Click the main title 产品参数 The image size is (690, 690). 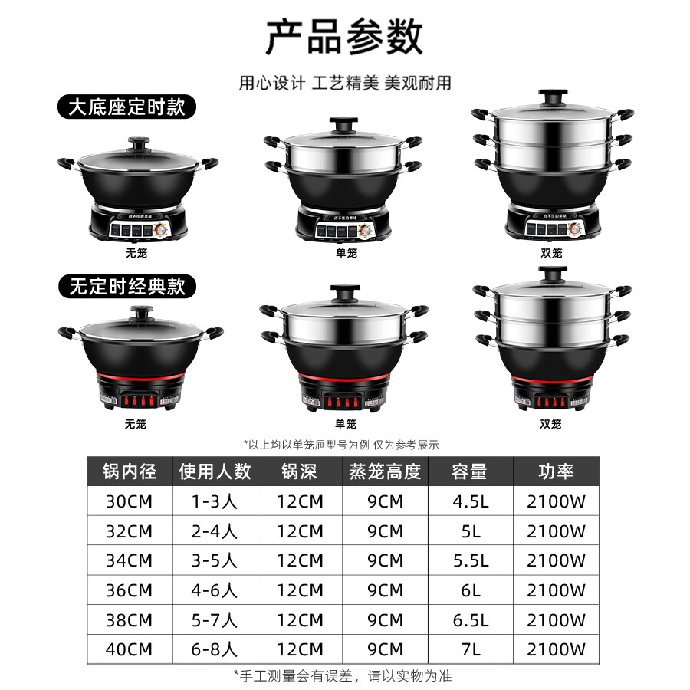pos(344,37)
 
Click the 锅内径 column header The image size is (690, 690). pos(130,471)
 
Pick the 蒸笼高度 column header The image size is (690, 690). pos(385,471)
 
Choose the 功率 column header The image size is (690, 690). pos(556,471)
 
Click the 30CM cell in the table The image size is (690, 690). pos(130,502)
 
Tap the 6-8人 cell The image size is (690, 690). pos(215,649)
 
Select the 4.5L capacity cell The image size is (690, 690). pos(469,502)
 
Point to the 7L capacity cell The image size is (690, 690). pos(469,649)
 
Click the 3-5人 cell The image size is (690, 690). pos(215,561)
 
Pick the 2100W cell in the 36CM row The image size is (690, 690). pos(556,590)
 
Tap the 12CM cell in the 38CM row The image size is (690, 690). pos(300,620)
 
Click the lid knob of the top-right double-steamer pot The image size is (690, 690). pos(551,97)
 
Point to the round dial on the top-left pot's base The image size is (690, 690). pos(164,228)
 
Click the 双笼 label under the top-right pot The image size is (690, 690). pos(551,252)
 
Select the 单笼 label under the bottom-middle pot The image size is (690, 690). pos(346,423)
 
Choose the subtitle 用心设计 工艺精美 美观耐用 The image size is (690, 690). pos(344,83)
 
